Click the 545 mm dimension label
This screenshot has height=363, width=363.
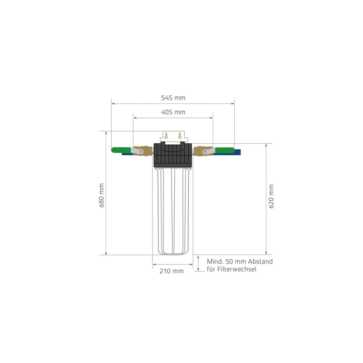[173, 98]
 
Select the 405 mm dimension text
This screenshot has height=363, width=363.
[173, 112]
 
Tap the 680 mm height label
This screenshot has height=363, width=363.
[102, 196]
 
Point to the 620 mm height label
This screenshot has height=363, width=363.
[271, 196]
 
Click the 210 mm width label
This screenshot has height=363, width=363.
[171, 271]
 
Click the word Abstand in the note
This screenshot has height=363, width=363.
[260, 262]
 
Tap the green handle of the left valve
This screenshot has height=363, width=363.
[121, 149]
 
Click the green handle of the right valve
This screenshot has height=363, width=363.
[225, 150]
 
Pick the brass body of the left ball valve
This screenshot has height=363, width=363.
[144, 151]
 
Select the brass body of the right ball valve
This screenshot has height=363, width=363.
[200, 151]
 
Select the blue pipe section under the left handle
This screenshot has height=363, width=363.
[127, 154]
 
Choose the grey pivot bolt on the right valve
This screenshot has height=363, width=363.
[205, 151]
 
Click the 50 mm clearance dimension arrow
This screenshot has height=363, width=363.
[198, 263]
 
